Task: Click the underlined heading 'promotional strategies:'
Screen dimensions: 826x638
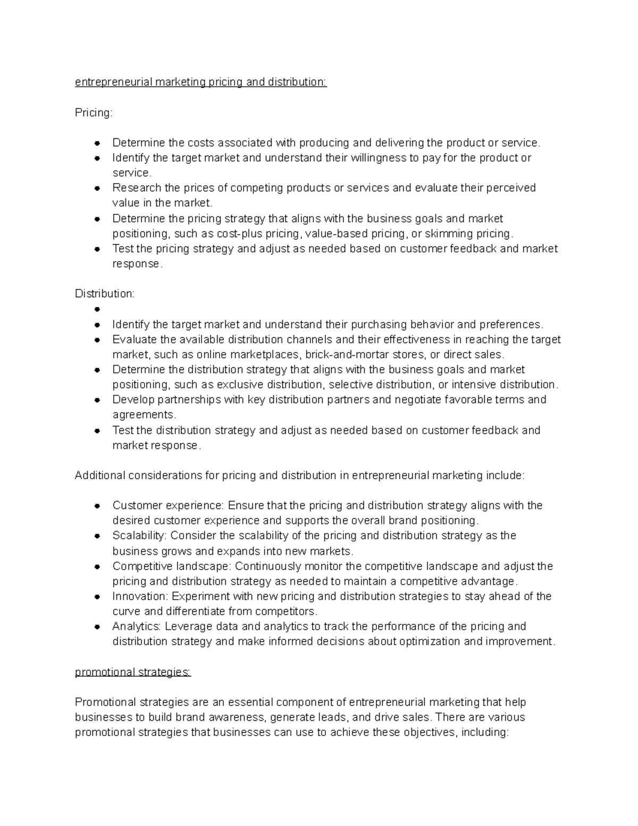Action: point(132,672)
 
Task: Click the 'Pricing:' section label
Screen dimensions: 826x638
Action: point(94,113)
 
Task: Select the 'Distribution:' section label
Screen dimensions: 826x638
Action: point(105,294)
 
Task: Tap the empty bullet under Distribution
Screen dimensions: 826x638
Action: point(97,309)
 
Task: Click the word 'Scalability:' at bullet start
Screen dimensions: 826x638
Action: point(140,536)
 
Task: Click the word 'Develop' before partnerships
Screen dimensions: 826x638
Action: point(133,399)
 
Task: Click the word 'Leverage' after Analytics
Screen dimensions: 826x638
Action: point(188,626)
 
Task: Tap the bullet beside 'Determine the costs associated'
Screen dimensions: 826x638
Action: point(97,143)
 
